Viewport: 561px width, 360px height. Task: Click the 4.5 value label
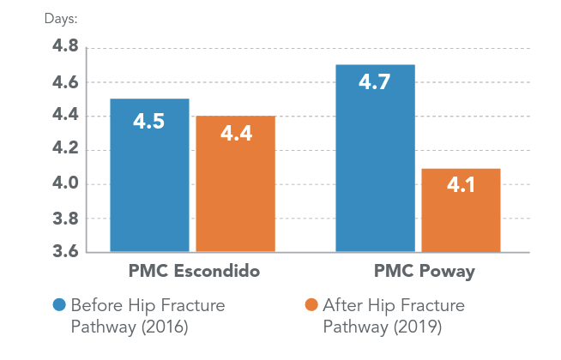click(x=149, y=121)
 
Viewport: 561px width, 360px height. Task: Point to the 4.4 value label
click(x=235, y=135)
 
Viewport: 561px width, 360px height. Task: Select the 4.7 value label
click(x=375, y=84)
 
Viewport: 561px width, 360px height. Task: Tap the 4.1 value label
click(x=461, y=183)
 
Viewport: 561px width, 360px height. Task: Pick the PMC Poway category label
click(x=417, y=273)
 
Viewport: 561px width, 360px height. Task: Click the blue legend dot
click(x=59, y=306)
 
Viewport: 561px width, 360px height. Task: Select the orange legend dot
click(x=311, y=306)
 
